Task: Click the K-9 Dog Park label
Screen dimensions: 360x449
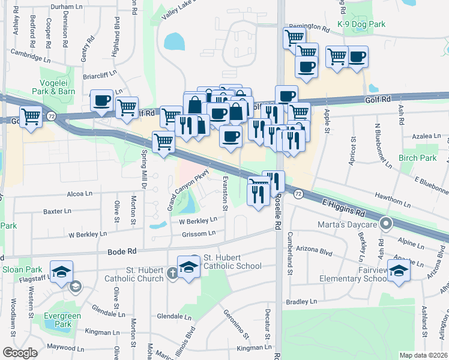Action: (x=361, y=24)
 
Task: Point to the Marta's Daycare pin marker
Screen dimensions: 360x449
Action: (x=386, y=225)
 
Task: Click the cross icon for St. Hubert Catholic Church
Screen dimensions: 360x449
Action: (x=172, y=274)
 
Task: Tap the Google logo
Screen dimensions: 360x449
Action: (x=20, y=353)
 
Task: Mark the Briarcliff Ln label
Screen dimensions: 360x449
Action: (x=100, y=77)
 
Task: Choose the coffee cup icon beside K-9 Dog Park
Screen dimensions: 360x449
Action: (x=357, y=57)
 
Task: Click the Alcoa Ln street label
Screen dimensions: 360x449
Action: (x=80, y=194)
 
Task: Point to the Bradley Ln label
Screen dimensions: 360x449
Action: (x=301, y=302)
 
